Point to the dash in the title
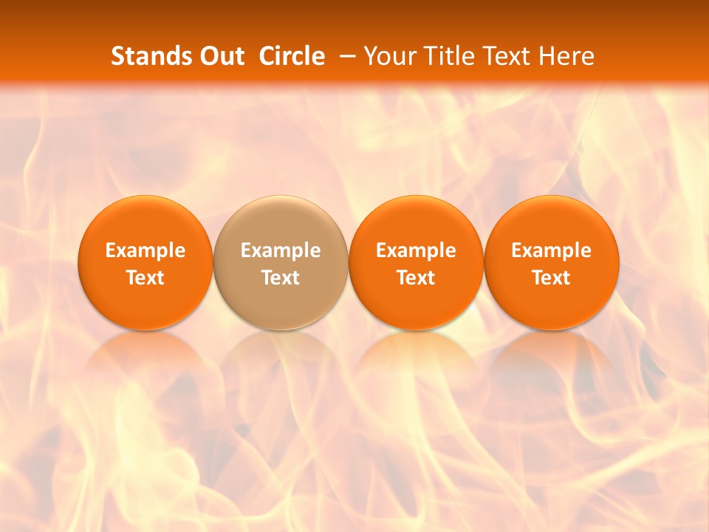click(x=346, y=57)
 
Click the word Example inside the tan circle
click(x=281, y=250)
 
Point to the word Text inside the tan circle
click(x=281, y=278)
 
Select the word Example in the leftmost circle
click(x=145, y=250)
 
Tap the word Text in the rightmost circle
click(x=552, y=278)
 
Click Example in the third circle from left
click(x=416, y=250)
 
